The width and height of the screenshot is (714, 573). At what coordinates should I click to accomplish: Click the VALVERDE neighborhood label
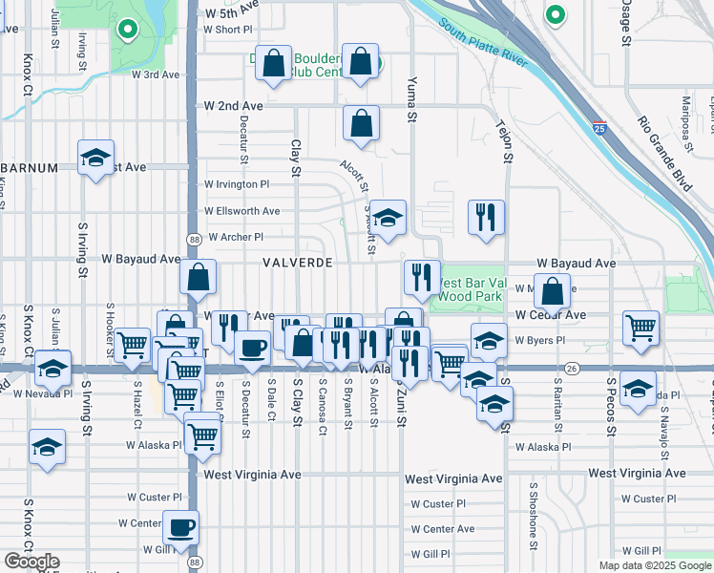click(298, 262)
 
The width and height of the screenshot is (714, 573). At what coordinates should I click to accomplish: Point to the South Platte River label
click(483, 43)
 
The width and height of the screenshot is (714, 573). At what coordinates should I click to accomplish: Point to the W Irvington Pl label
click(237, 184)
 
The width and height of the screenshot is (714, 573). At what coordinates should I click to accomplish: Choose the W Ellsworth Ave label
click(241, 211)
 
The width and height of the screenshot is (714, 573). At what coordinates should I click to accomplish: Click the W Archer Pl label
click(235, 237)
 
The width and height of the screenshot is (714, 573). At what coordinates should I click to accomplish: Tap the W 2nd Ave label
click(233, 106)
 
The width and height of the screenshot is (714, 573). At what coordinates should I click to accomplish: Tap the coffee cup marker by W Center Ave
click(180, 526)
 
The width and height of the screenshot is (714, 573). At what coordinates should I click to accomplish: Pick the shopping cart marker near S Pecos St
click(640, 328)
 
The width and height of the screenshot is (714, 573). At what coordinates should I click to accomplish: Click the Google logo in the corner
click(31, 562)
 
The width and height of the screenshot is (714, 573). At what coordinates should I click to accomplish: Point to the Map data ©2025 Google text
click(655, 565)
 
